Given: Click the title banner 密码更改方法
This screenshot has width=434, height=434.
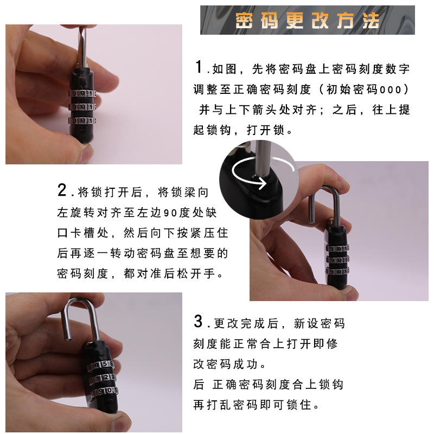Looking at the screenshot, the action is coord(307,20).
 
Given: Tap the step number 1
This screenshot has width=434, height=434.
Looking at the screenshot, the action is coord(199,67).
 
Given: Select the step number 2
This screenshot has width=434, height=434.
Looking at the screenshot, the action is coord(62,190).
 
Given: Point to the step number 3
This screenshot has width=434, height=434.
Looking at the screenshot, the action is coord(198,321).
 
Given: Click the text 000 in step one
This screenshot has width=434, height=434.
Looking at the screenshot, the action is coord(390,90).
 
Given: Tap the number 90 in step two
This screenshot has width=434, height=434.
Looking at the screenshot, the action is coord(170,213).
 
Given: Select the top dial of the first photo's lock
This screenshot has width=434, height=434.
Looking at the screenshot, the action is coord(82,93).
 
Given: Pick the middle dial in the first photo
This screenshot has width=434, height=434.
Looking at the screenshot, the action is coord(82,107).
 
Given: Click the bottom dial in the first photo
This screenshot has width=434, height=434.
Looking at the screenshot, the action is coord(82,120).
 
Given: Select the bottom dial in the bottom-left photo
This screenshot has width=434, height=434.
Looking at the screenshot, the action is coord(104,391).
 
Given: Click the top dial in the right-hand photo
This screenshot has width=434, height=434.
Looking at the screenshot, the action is coord(337,248).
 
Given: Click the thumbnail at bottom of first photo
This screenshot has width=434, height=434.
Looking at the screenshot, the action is coord(88,154).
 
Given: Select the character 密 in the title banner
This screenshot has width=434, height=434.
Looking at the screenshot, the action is coord(244,20).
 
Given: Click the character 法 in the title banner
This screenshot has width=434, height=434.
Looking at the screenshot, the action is coord(371,20).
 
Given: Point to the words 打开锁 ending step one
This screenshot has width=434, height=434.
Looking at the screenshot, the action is coord(265,130).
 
